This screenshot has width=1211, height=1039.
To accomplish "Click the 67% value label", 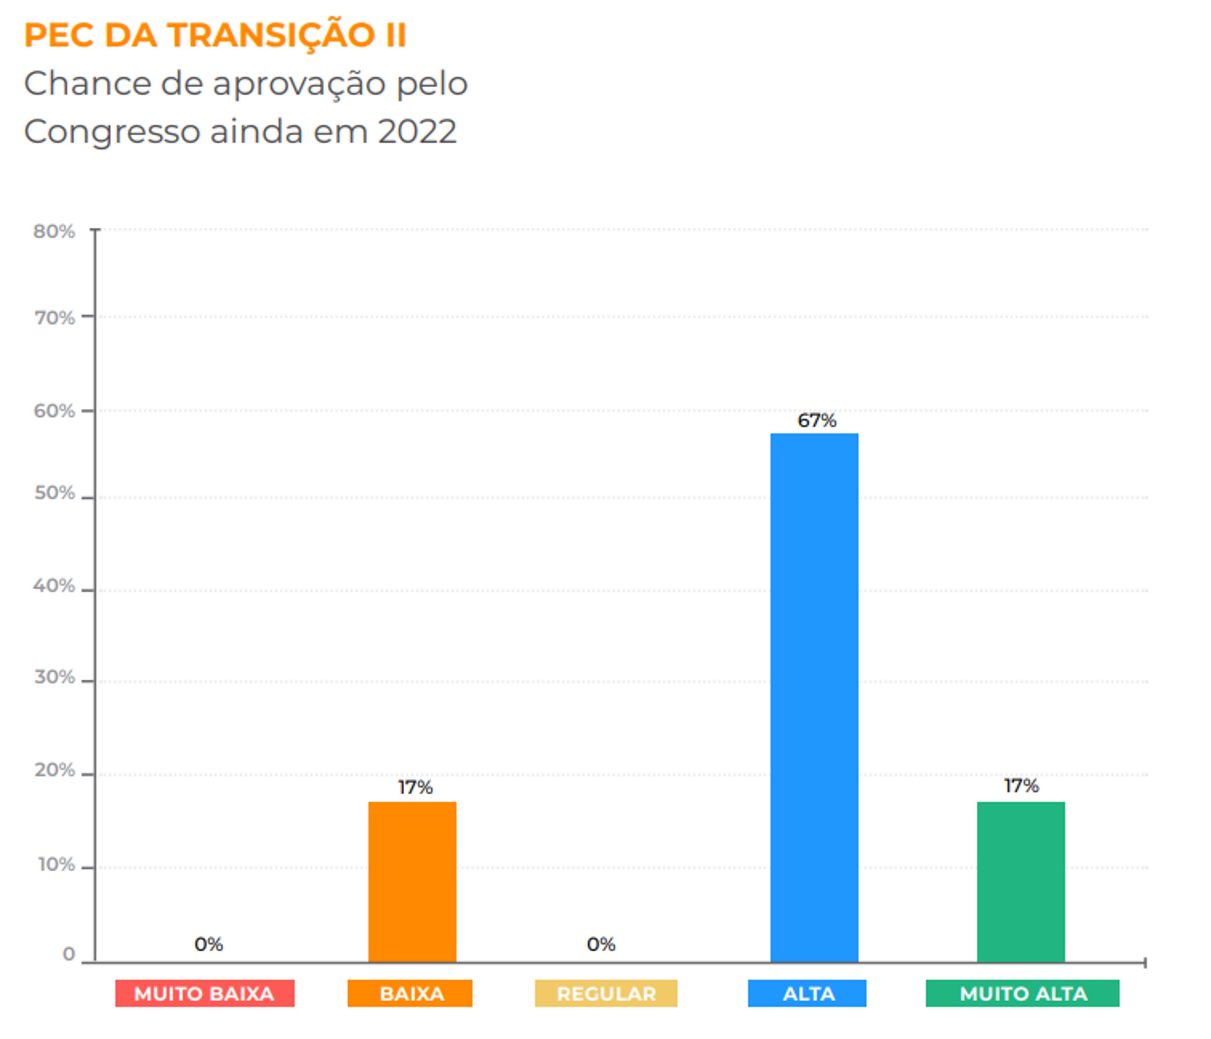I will [817, 421].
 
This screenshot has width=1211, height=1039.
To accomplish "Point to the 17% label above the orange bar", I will [415, 787].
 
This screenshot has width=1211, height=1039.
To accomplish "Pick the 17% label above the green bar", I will [1021, 785].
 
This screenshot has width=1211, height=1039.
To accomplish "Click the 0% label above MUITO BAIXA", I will [209, 944].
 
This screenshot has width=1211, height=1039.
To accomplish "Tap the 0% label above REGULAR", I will [601, 944].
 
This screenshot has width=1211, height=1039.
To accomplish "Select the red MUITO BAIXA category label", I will [205, 993].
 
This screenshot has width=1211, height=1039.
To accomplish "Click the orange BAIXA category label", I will [410, 993].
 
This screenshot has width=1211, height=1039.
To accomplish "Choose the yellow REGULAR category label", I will [606, 993].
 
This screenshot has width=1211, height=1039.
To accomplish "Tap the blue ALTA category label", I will [807, 993].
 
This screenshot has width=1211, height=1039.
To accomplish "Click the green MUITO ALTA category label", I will [1022, 993].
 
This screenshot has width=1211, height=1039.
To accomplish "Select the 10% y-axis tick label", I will [56, 864].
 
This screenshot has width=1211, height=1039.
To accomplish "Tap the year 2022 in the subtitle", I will [417, 131].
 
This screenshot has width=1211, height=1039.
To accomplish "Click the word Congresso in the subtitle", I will [111, 132].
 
